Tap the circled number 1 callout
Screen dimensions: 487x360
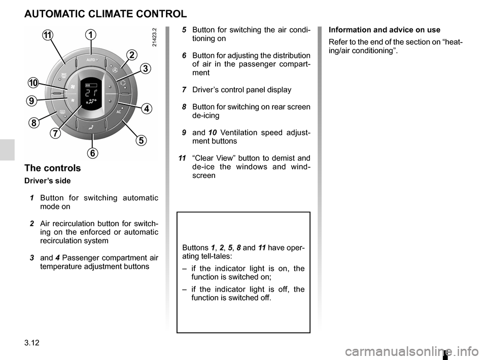(x=91, y=34)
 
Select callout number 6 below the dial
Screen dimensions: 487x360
(x=92, y=153)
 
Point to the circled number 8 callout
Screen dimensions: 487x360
(x=33, y=123)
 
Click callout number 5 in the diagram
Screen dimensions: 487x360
(x=141, y=140)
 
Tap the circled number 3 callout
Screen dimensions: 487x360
(x=146, y=68)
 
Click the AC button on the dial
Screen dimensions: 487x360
(x=119, y=112)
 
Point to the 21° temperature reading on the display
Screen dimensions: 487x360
(x=91, y=93)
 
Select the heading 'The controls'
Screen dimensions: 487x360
(x=52, y=168)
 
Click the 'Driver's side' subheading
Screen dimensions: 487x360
(x=48, y=181)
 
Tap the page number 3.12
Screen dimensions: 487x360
(x=32, y=343)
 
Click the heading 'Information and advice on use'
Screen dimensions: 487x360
(x=385, y=30)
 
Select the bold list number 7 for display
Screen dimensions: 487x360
(x=184, y=90)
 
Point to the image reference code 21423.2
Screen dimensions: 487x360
(x=155, y=37)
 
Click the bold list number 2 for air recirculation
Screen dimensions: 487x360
(x=32, y=224)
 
